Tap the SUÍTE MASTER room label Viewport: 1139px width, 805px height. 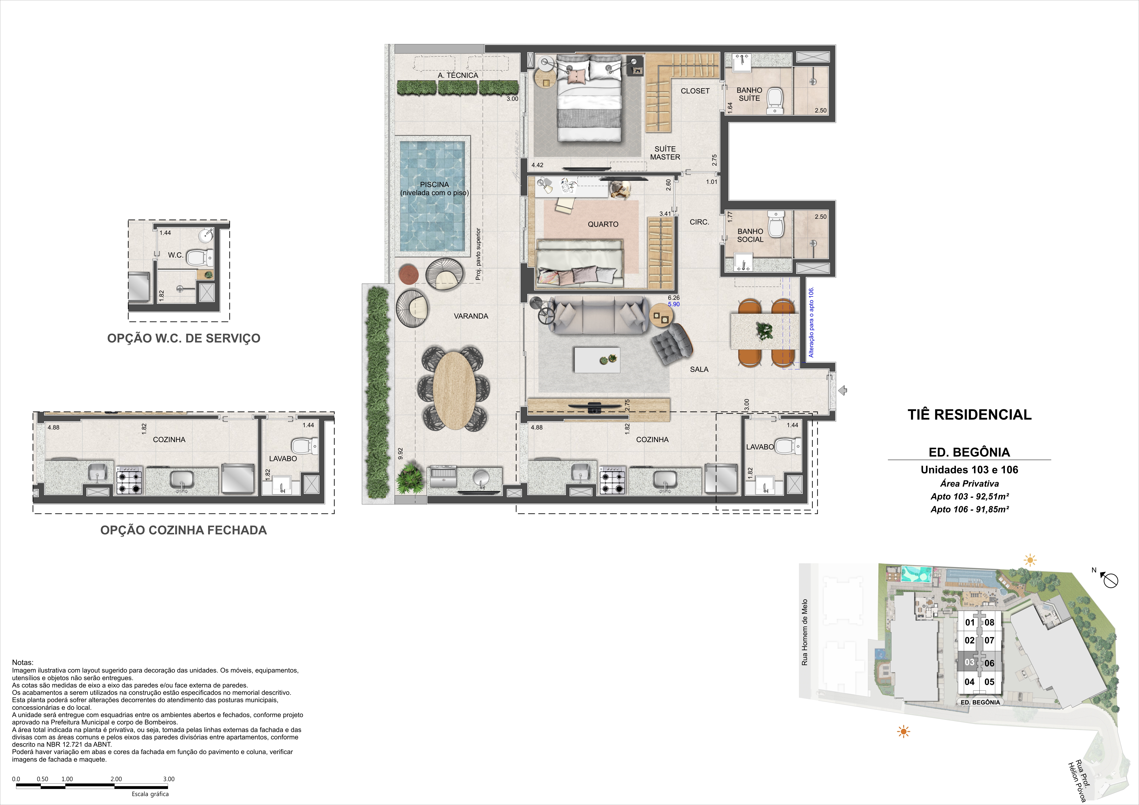coord(665,153)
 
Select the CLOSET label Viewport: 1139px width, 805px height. coord(695,91)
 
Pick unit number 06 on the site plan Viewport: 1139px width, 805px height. coord(989,663)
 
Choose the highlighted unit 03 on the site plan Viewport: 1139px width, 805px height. coord(969,662)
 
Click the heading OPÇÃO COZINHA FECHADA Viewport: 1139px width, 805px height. coord(183,530)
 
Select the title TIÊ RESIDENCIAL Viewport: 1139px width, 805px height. coord(969,415)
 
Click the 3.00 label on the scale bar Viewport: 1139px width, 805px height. coord(169,779)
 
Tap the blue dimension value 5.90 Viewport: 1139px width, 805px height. coord(674,304)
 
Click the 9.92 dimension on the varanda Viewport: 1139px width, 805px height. coord(400,453)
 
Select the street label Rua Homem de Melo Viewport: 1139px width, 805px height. coord(805,632)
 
